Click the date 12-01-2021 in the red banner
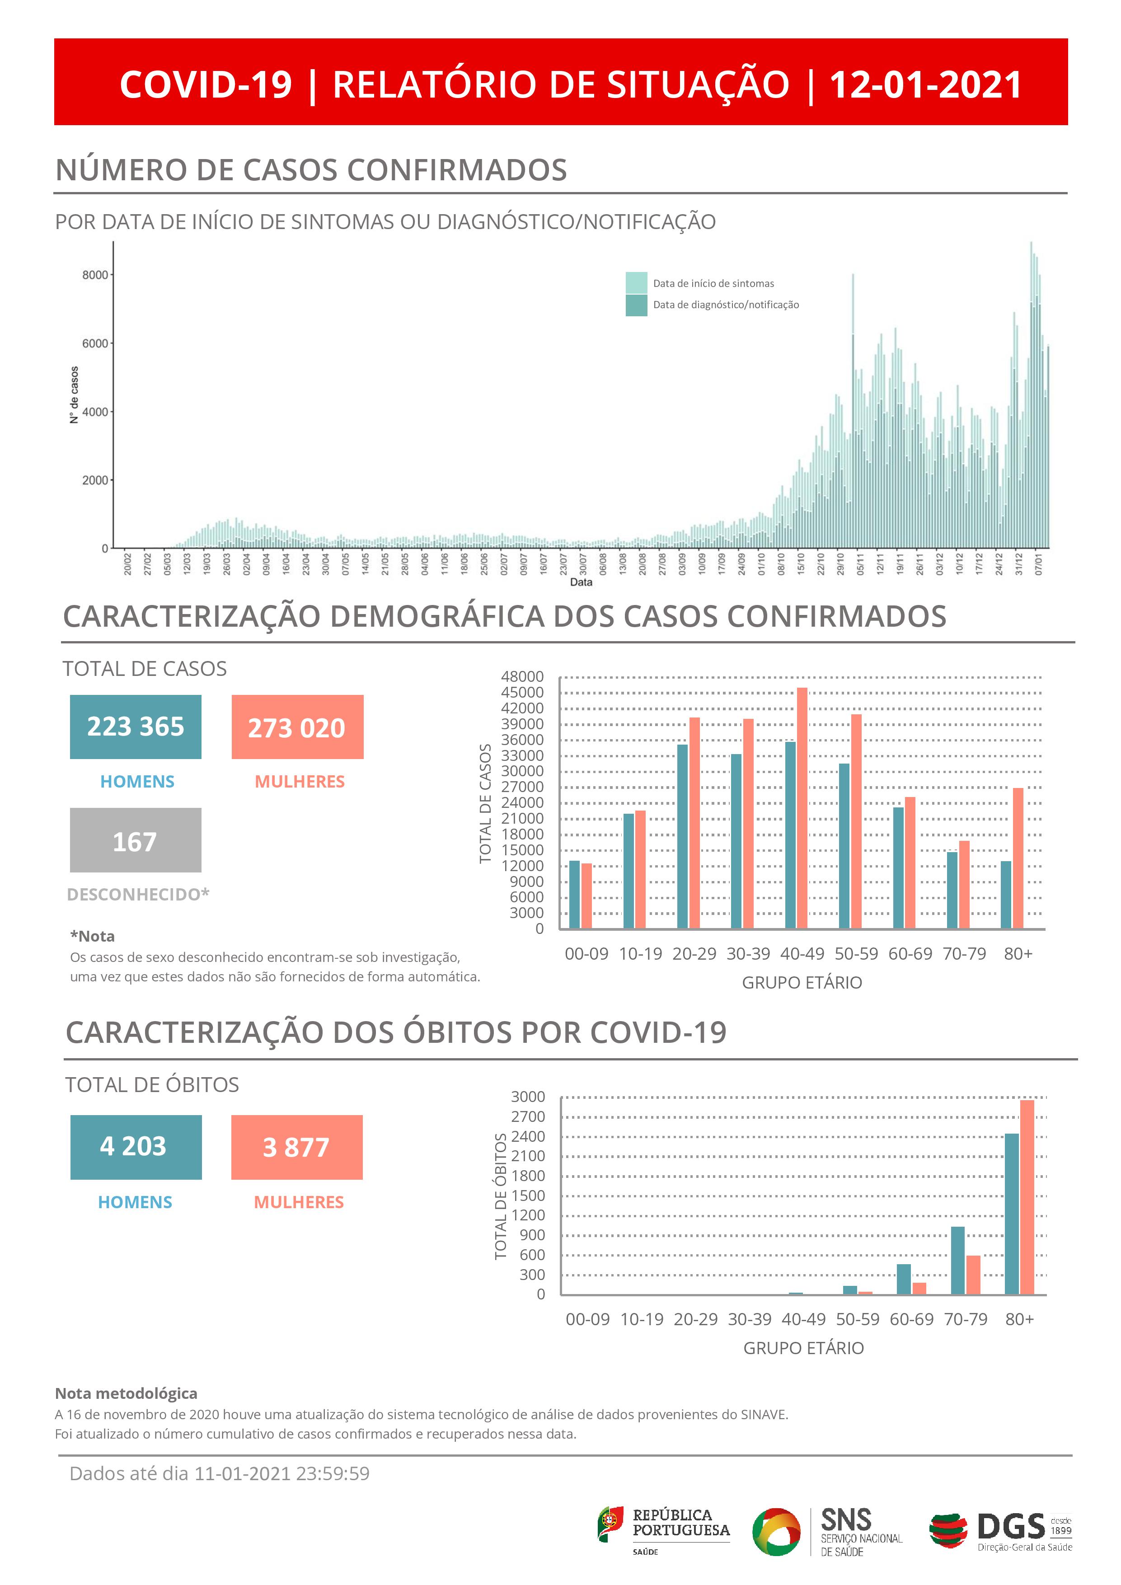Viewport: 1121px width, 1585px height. coord(925,84)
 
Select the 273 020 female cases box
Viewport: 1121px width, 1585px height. coord(297,727)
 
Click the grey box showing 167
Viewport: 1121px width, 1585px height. coord(135,840)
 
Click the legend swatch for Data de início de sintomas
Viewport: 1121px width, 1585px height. coord(636,283)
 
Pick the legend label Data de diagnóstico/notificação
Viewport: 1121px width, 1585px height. coord(726,305)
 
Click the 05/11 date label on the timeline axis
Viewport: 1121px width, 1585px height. coord(860,563)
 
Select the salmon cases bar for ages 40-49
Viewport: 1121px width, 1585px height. coord(802,808)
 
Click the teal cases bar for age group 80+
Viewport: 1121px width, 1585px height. coord(1006,894)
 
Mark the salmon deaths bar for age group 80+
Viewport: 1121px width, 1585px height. coord(1027,1196)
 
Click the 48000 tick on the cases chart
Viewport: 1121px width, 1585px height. coord(522,676)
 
